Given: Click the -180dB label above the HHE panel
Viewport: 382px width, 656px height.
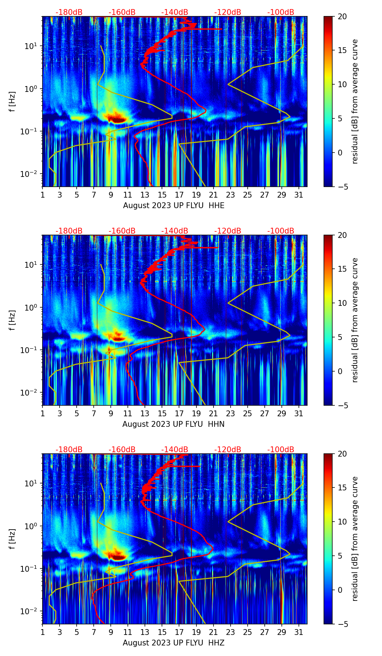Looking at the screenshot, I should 69,12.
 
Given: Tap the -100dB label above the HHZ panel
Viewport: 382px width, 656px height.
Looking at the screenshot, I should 281,450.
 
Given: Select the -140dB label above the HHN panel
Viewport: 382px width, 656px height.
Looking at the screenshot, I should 175,231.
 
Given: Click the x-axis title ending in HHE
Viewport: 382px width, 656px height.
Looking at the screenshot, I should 174,206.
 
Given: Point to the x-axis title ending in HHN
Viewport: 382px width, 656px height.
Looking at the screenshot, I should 173,424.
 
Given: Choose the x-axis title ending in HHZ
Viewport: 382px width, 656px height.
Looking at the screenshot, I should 173,643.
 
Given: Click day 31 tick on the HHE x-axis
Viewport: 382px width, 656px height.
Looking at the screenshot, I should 299,195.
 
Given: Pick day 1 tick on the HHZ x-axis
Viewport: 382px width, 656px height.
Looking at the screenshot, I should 43,632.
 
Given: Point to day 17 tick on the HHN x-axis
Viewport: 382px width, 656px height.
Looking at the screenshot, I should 179,414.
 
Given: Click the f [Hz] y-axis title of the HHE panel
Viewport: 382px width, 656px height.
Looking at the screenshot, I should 13,101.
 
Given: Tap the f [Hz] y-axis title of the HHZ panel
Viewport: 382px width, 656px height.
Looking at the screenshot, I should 13,539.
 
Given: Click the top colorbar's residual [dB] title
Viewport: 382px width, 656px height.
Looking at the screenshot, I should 355,101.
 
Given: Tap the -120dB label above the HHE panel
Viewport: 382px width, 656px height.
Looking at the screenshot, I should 228,12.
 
